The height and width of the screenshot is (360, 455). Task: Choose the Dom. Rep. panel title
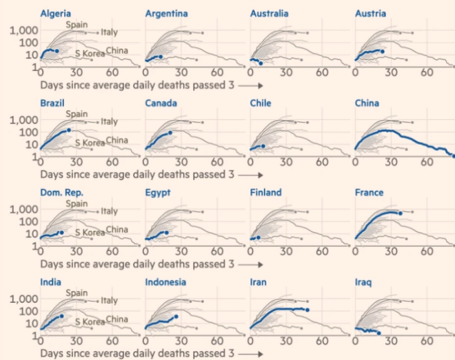tap(62, 193)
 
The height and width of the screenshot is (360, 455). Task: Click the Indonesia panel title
tap(166, 282)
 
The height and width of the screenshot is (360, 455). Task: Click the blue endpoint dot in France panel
tap(401, 213)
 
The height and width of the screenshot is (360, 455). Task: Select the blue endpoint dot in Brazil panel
tap(69, 130)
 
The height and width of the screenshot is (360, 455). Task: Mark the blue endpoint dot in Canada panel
tap(170, 132)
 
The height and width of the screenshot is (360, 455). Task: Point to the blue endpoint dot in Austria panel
tap(382, 51)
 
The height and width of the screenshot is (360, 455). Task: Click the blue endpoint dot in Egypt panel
tap(167, 233)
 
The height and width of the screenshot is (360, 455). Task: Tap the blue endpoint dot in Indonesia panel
tap(176, 317)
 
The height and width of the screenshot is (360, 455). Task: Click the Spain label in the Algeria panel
tap(77, 24)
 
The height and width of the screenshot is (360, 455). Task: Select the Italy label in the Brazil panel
tap(109, 121)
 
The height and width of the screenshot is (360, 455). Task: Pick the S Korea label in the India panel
tap(89, 322)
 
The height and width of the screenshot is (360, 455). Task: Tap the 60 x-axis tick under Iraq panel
tap(427, 341)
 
